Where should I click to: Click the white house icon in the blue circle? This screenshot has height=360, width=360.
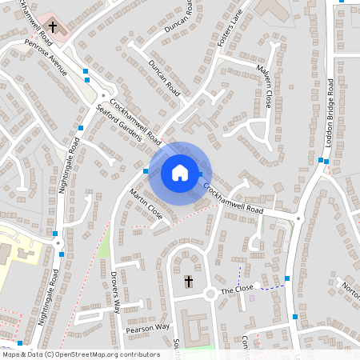[179, 173]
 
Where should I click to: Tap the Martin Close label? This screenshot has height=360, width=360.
[146, 204]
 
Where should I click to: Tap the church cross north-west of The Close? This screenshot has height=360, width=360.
[189, 281]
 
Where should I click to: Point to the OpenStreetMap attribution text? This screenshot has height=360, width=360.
[81, 354]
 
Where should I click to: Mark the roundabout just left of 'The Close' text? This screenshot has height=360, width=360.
[211, 294]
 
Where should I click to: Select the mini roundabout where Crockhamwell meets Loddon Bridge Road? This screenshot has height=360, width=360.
[298, 218]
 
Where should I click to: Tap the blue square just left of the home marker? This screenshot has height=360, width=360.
[145, 171]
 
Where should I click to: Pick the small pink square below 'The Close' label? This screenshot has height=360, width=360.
[252, 298]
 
